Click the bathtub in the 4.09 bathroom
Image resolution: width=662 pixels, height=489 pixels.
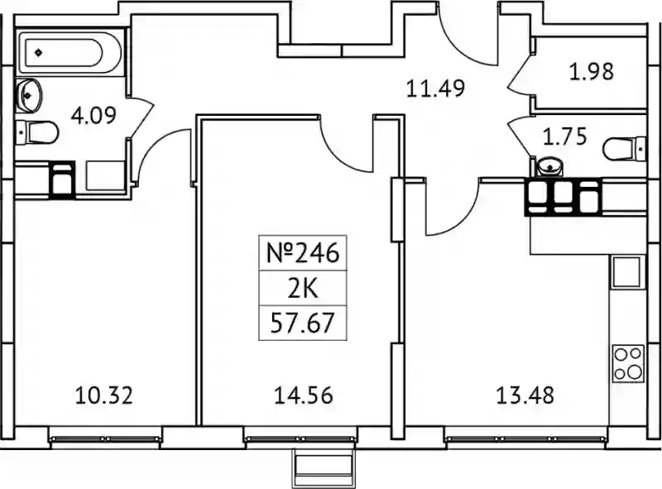[70, 52]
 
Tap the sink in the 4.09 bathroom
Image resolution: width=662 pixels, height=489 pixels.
[28, 95]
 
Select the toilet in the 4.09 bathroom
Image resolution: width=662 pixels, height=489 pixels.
[36, 132]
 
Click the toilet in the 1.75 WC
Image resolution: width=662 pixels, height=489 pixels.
[625, 149]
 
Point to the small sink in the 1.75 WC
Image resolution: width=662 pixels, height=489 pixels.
[549, 166]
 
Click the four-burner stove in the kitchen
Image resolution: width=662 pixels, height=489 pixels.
[628, 363]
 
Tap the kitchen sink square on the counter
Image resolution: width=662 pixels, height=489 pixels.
[627, 272]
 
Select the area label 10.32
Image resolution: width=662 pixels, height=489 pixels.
[104, 396]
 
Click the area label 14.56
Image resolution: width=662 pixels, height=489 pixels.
[304, 396]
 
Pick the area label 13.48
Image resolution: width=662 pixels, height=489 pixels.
[525, 396]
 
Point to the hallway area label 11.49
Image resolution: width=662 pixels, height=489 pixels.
[435, 89]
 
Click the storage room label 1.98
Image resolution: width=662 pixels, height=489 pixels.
[591, 72]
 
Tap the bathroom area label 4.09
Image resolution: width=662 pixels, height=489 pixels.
[94, 115]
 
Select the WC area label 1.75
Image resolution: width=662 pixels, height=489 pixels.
[564, 137]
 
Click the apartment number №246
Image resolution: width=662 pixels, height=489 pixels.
[303, 253]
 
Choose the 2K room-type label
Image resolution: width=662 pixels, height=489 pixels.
[303, 289]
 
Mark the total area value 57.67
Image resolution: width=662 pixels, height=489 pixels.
[303, 323]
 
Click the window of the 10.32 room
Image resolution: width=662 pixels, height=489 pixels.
[105, 439]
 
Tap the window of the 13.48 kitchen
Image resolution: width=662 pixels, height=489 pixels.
[526, 439]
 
